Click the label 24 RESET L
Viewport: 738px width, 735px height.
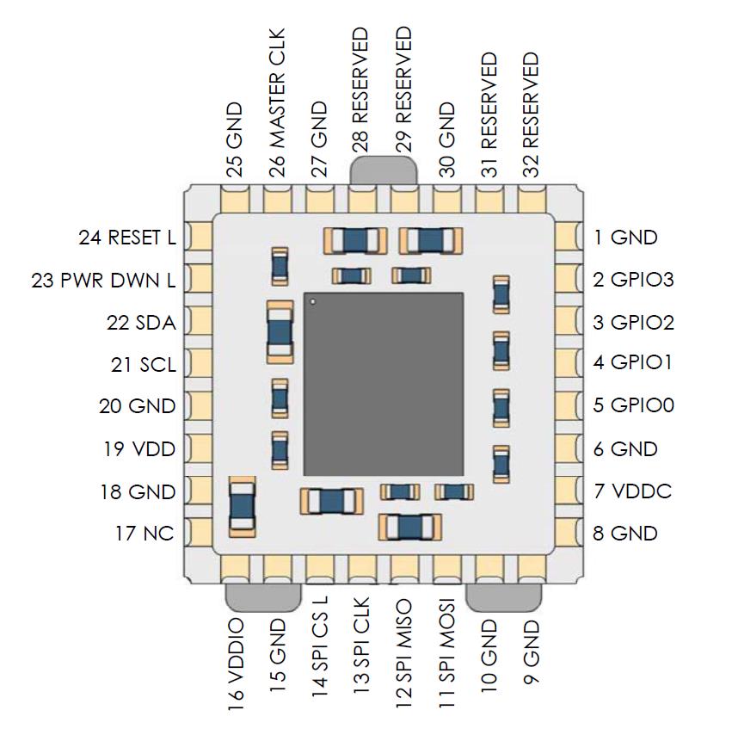[x=126, y=238]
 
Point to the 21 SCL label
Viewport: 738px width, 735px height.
[x=144, y=365]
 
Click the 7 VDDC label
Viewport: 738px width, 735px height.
[x=632, y=492]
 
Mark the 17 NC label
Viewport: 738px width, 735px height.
[x=145, y=534]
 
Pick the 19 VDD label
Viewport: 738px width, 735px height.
[x=138, y=449]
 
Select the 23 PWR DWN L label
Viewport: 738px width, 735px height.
[x=103, y=280]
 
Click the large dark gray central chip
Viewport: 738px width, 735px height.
[x=383, y=384]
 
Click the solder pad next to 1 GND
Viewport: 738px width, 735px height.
[x=568, y=236]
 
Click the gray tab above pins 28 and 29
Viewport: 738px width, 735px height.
[x=384, y=169]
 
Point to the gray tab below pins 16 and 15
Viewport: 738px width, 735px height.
[x=262, y=596]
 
